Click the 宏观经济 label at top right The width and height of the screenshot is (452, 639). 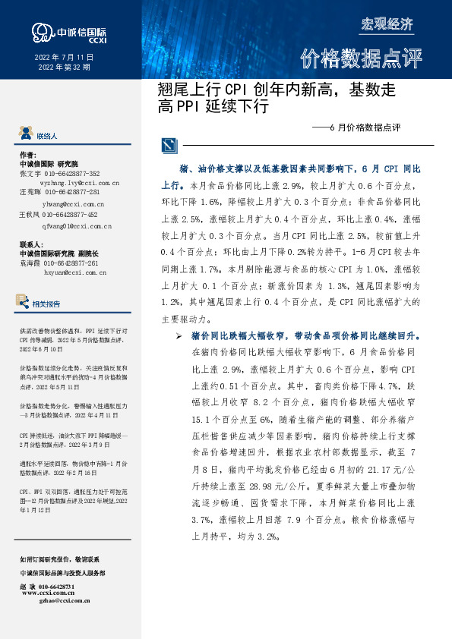pyautogui.click(x=387, y=24)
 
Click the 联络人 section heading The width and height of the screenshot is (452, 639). pyautogui.click(x=47, y=136)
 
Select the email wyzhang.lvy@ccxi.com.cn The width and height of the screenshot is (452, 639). pyautogui.click(x=80, y=183)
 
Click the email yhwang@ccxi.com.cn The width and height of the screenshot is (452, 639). pyautogui.click(x=73, y=204)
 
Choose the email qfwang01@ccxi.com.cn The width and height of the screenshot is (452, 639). pyautogui.click(x=77, y=225)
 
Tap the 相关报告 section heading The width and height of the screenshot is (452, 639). pyautogui.click(x=47, y=304)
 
